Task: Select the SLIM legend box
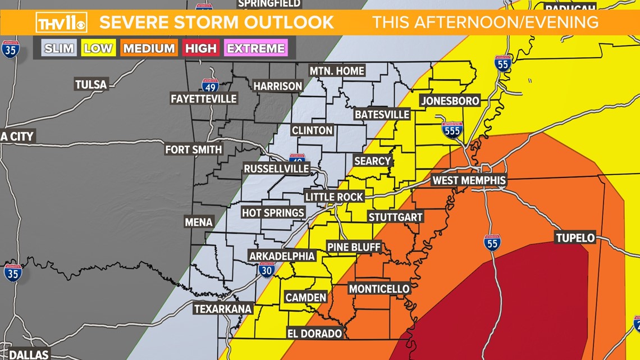pyautogui.click(x=59, y=48)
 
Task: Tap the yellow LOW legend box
pyautogui.click(x=98, y=48)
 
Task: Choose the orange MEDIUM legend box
pyautogui.click(x=149, y=48)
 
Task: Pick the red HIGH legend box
pyautogui.click(x=200, y=48)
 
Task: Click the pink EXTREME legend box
pyautogui.click(x=256, y=48)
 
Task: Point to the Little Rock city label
pyautogui.click(x=334, y=197)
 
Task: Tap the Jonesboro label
pyautogui.click(x=450, y=101)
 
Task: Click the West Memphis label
pyautogui.click(x=469, y=180)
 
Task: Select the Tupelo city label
pyautogui.click(x=575, y=238)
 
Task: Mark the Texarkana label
pyautogui.click(x=223, y=309)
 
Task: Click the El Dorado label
pyautogui.click(x=314, y=333)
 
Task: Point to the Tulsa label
pyautogui.click(x=91, y=85)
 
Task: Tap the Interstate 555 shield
pyautogui.click(x=452, y=130)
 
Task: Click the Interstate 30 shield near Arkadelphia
pyautogui.click(x=267, y=270)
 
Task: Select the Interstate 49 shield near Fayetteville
pyautogui.click(x=210, y=85)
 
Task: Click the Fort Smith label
pyautogui.click(x=194, y=149)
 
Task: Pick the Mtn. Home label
pyautogui.click(x=337, y=71)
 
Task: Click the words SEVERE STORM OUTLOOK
pyautogui.click(x=217, y=22)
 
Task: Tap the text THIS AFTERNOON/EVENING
pyautogui.click(x=485, y=22)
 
